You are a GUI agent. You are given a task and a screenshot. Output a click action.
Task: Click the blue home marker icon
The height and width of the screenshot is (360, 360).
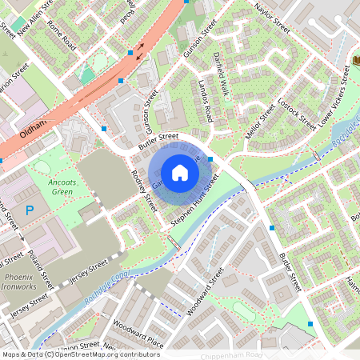point(180,172)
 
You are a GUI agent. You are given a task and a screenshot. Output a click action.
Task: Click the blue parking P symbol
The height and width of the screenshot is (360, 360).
point(30,210)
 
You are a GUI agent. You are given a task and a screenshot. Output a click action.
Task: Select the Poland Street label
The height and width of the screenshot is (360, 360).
point(38,269)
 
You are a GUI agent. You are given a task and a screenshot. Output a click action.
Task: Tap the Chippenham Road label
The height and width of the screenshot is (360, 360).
point(232,354)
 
